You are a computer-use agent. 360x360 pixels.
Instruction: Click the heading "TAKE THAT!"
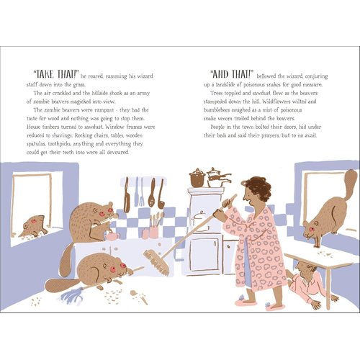(x=56, y=74)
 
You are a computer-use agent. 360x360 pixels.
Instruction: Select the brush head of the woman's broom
(x=157, y=262)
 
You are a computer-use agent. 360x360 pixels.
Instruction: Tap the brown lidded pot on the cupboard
(x=197, y=178)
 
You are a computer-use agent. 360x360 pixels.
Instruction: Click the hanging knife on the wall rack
(x=127, y=195)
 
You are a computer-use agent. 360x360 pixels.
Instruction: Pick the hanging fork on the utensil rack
(x=142, y=192)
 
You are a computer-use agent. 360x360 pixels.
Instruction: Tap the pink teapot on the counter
(x=112, y=236)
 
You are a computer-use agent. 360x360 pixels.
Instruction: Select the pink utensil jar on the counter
(x=153, y=232)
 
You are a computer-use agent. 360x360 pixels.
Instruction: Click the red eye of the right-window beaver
(x=312, y=229)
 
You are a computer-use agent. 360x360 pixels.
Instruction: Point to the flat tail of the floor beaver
(x=62, y=285)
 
